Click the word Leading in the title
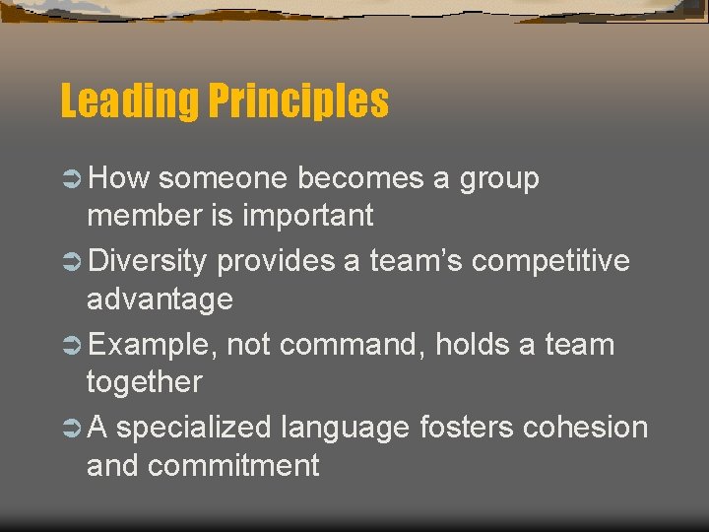point(130,101)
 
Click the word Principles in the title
point(298,101)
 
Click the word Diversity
point(148,262)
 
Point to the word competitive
point(551,262)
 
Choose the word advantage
point(160,299)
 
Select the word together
point(144,382)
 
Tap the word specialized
point(193,429)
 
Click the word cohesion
point(586,429)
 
